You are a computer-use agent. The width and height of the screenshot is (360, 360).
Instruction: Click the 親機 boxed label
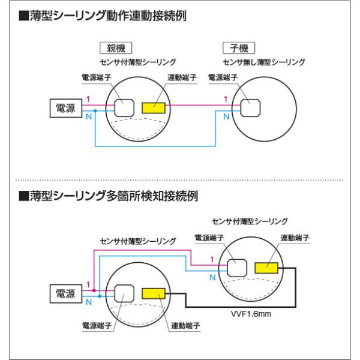point(116,48)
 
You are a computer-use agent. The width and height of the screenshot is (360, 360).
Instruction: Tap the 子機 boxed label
point(239,48)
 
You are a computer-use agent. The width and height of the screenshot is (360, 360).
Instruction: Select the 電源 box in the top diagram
point(66,108)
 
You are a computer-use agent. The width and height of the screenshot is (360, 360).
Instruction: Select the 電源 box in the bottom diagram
point(66,293)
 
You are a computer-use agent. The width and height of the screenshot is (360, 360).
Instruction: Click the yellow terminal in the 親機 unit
point(154,108)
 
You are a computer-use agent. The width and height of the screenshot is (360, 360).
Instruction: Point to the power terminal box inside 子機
point(250,108)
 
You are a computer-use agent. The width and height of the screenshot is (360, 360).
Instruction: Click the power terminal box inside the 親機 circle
point(124,108)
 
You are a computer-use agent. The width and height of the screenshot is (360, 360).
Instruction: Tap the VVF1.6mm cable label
point(251,314)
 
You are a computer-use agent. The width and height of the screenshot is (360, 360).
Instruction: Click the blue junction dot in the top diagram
point(95,111)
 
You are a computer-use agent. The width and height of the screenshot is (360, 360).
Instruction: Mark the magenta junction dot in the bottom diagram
point(94,290)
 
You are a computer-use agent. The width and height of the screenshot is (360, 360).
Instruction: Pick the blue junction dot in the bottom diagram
point(100,296)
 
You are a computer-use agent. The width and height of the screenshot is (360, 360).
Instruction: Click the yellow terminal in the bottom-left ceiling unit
point(154,293)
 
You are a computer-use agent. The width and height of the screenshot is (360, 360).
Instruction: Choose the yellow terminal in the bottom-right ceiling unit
point(266,268)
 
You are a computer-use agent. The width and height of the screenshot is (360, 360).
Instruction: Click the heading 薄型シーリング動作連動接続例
point(103,16)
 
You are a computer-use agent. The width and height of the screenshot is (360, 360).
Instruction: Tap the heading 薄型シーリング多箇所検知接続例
point(108,196)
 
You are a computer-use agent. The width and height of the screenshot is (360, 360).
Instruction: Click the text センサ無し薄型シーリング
point(264,62)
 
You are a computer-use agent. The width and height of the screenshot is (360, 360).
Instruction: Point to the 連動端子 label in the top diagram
point(182,77)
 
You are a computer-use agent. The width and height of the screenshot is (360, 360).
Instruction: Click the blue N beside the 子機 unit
point(226,116)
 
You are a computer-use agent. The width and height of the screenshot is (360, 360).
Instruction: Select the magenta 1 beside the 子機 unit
point(226,99)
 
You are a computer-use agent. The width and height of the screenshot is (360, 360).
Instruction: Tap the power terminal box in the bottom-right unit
point(237,268)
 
